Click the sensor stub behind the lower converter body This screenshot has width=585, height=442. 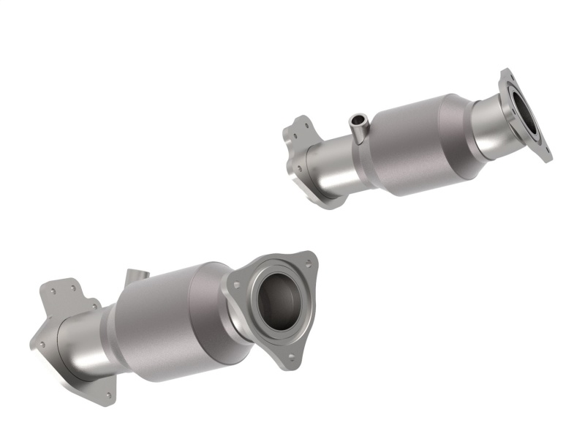pyautogui.click(x=136, y=277)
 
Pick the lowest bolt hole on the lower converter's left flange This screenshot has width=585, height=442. pyautogui.click(x=108, y=396)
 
